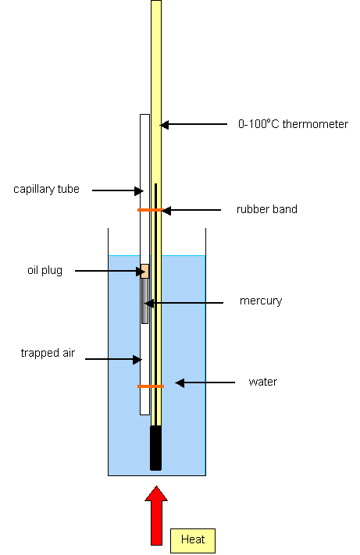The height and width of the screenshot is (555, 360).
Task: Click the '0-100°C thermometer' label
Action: click(x=293, y=124)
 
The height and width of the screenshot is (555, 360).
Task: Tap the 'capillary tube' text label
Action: click(x=46, y=190)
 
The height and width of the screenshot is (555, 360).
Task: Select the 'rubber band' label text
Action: click(x=267, y=209)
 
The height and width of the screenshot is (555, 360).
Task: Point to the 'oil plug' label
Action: click(x=45, y=270)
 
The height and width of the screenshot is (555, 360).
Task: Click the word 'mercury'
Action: click(x=261, y=301)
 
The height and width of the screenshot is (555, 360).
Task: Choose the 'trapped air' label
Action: click(x=48, y=353)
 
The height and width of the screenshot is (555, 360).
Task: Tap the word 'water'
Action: click(x=263, y=382)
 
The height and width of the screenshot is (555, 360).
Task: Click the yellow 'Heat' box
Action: click(x=193, y=540)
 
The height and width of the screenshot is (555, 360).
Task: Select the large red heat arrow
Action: click(x=156, y=515)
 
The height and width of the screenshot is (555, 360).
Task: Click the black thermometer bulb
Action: click(x=155, y=448)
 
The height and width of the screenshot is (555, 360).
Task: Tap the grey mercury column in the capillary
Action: click(x=144, y=301)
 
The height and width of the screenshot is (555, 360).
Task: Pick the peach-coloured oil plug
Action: click(x=144, y=271)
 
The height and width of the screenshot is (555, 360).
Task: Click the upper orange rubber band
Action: click(x=150, y=210)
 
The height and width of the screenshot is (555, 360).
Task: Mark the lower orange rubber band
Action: click(x=151, y=386)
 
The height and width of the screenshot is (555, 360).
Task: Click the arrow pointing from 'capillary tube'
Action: click(x=118, y=190)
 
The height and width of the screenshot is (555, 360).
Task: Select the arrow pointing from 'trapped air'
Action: click(x=113, y=359)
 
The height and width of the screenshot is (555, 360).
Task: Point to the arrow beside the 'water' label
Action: click(x=205, y=382)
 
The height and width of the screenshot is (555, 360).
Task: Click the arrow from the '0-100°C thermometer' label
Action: click(x=194, y=124)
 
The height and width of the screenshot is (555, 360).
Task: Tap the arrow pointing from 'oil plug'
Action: click(x=110, y=272)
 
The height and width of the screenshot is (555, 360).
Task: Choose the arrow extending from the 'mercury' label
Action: click(x=184, y=303)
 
